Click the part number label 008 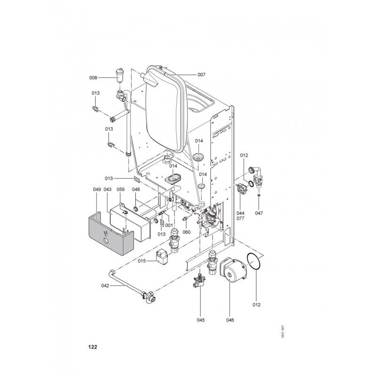(x=93, y=78)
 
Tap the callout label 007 (x=202, y=75)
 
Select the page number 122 (x=92, y=347)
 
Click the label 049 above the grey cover (x=97, y=189)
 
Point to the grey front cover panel (x=111, y=234)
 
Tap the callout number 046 (x=230, y=320)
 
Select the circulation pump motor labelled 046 (x=232, y=269)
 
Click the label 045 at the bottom (x=201, y=320)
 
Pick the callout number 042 (x=105, y=286)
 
